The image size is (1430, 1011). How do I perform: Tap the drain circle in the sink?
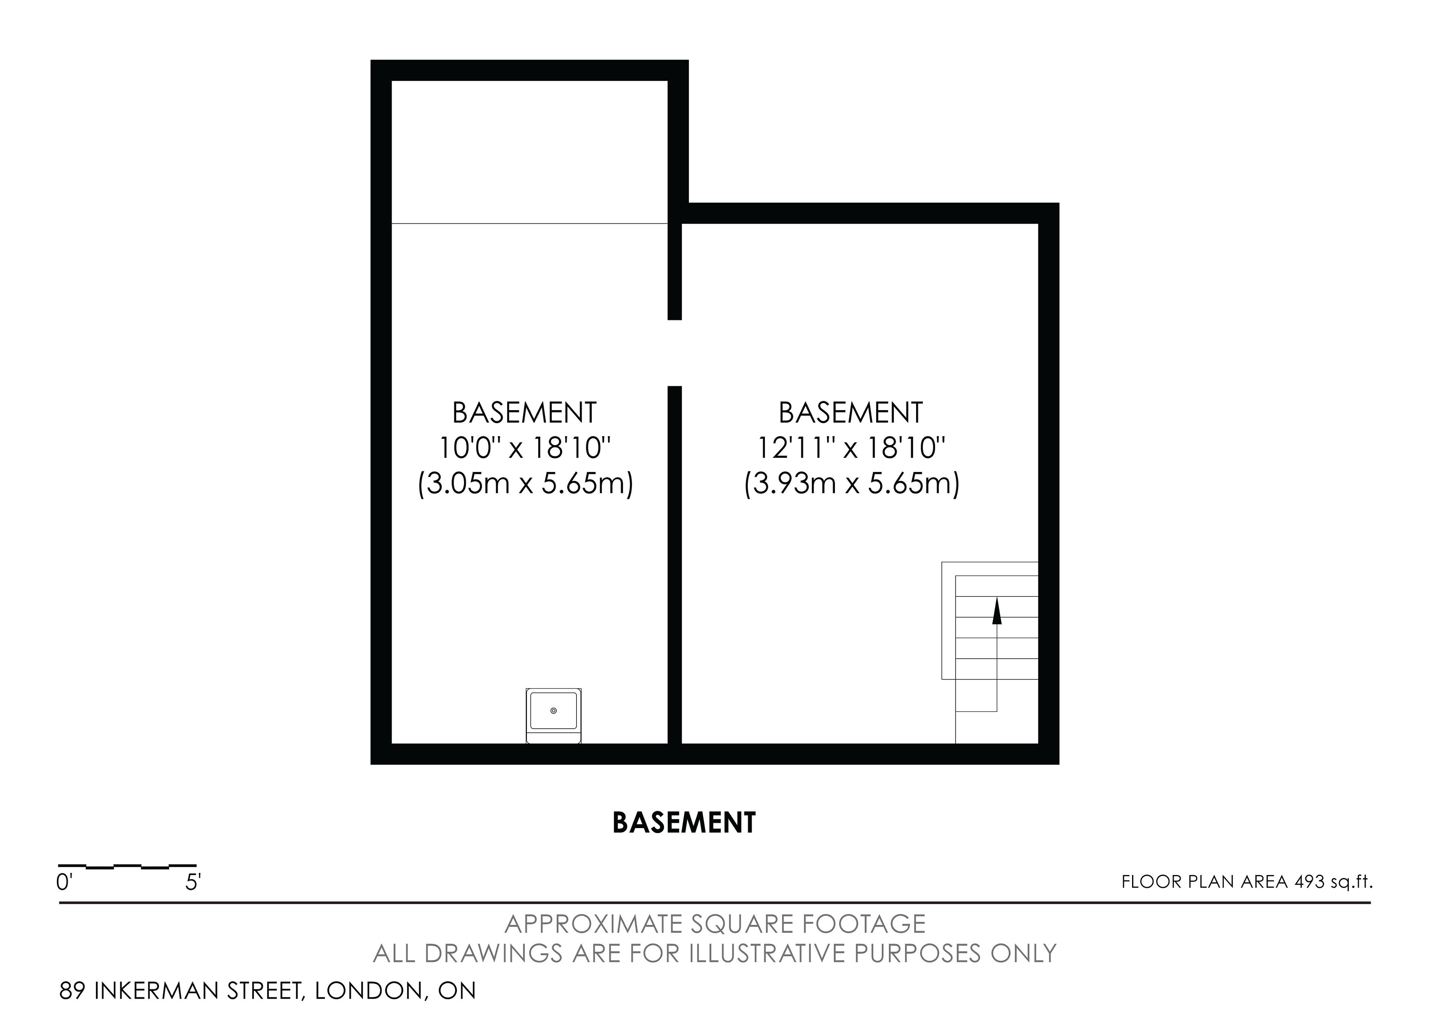coord(554,711)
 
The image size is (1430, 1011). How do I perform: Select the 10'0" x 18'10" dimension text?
coord(525,447)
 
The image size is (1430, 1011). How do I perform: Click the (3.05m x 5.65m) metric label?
coord(525,484)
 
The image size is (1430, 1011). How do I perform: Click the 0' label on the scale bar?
coord(64,883)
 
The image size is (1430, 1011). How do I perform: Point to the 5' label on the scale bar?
coord(193,883)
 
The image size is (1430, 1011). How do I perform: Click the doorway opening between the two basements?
coord(674,353)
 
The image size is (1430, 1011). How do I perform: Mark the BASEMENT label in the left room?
coord(524,412)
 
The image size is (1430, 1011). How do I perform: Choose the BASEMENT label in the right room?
coord(851,412)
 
